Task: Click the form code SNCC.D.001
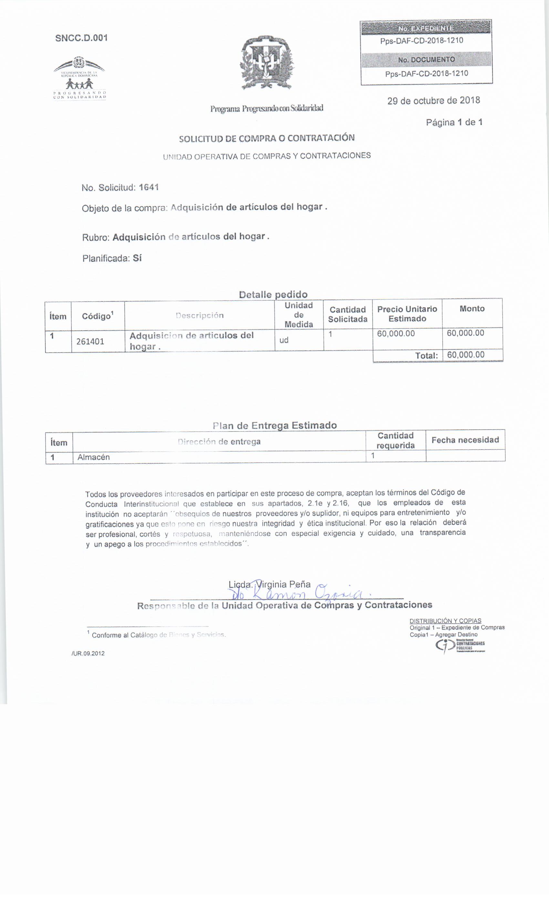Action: click(x=81, y=38)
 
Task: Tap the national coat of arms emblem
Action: click(x=267, y=62)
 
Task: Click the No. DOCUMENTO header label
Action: click(x=426, y=59)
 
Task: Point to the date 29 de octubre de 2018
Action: click(x=433, y=101)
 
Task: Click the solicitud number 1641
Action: click(x=149, y=187)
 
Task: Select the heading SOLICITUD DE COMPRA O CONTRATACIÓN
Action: click(x=267, y=138)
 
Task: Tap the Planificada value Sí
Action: click(x=137, y=258)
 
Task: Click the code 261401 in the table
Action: click(x=90, y=342)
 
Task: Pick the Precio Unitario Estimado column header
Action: click(x=407, y=314)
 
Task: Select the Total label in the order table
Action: click(x=426, y=356)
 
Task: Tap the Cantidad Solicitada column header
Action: click(x=347, y=314)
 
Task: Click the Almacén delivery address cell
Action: click(x=94, y=457)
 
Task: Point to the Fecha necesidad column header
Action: click(x=465, y=440)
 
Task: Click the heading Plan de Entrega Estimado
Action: click(x=274, y=425)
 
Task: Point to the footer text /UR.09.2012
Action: click(x=88, y=654)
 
